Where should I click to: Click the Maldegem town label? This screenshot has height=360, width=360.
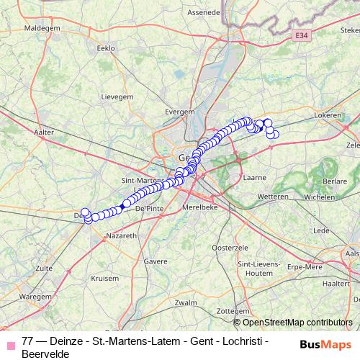[x=43, y=28]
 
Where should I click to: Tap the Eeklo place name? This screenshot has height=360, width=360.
[x=105, y=48]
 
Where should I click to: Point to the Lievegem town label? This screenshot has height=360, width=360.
[x=117, y=95]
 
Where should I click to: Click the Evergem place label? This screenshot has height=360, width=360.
[x=180, y=112]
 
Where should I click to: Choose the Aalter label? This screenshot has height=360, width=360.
[x=44, y=132]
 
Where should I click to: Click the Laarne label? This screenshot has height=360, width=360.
[x=255, y=176]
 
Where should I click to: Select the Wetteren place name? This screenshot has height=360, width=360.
[x=273, y=196]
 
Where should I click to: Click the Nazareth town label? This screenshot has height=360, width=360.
[x=120, y=235]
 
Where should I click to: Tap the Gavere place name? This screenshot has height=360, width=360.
[x=156, y=261]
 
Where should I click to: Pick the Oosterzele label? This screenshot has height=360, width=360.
[x=230, y=247]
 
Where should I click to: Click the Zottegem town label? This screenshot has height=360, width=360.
[x=232, y=310]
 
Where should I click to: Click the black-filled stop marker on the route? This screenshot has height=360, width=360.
[x=126, y=204]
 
